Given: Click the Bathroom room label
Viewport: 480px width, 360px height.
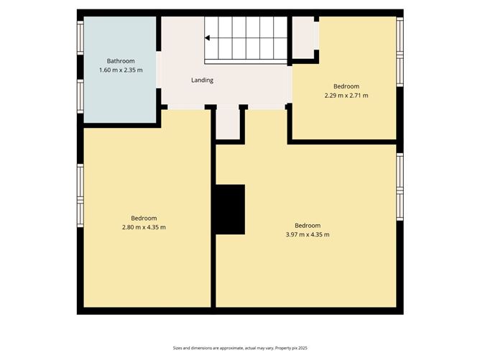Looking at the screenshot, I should pyautogui.click(x=120, y=61).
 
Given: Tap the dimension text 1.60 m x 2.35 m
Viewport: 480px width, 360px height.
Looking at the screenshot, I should pyautogui.click(x=120, y=70).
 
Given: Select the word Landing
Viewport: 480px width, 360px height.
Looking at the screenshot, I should pyautogui.click(x=202, y=80).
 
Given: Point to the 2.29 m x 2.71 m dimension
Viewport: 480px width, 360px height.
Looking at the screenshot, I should pyautogui.click(x=346, y=95).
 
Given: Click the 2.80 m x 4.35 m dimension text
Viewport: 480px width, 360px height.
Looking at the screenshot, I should pyautogui.click(x=144, y=227).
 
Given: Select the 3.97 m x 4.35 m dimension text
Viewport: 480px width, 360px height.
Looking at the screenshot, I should pyautogui.click(x=308, y=234).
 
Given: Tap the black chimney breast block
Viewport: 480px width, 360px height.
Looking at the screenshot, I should pyautogui.click(x=231, y=209).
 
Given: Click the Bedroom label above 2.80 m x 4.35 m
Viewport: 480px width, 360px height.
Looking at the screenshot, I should pyautogui.click(x=144, y=218).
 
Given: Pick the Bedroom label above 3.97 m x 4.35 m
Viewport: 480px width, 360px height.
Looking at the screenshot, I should pyautogui.click(x=308, y=225).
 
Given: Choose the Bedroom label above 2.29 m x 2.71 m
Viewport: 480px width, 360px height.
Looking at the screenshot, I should pyautogui.click(x=346, y=86).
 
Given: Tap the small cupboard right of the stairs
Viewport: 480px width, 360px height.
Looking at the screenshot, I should pyautogui.click(x=303, y=37).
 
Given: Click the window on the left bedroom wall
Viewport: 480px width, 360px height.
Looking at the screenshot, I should pyautogui.click(x=80, y=195).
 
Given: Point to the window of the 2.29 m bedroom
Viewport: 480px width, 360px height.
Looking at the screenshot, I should pyautogui.click(x=400, y=51).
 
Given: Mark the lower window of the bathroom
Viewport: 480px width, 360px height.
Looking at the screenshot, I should pyautogui.click(x=80, y=96).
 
